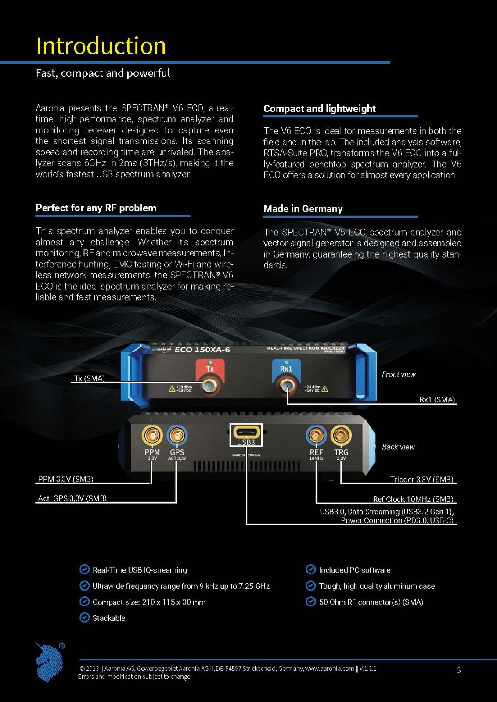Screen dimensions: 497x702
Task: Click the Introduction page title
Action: pos(101,46)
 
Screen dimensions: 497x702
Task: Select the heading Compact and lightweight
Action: pos(320,109)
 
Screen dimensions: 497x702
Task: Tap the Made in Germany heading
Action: pos(303,209)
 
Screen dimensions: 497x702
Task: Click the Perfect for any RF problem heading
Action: pos(96,208)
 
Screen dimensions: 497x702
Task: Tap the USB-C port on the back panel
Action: pos(246,432)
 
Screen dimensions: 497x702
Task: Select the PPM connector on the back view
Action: pos(152,435)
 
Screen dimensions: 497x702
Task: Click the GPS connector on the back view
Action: pos(177,435)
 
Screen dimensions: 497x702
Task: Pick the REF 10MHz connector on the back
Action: pos(316,435)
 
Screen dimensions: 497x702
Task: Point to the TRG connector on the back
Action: pos(341,435)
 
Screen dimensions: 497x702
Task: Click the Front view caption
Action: pos(399,375)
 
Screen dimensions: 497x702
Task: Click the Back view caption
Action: pos(398,447)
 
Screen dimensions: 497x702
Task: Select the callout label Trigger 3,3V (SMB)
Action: pos(422,480)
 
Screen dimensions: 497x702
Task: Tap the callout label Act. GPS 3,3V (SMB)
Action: pos(72,498)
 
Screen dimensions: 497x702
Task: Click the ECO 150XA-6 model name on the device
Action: pos(202,350)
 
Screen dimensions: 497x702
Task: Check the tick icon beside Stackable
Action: pos(84,618)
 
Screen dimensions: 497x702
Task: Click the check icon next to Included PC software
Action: pos(311,569)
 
